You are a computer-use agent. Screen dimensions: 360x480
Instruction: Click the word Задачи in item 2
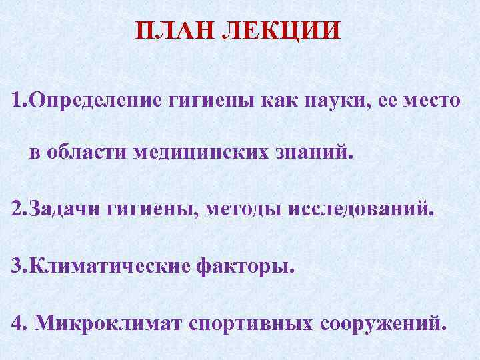[x=63, y=210]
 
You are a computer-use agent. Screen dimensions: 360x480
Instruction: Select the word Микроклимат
[x=109, y=323]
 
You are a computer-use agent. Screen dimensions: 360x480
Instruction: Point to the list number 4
[x=18, y=323]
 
